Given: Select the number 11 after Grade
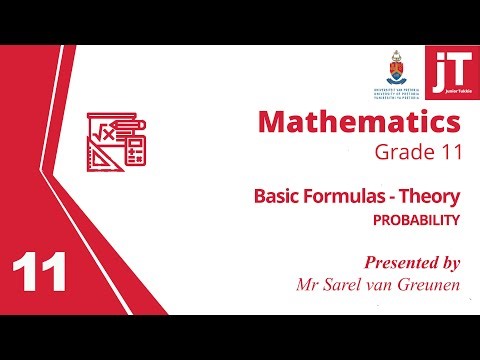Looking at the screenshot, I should point(448,154).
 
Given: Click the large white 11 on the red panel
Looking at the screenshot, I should point(40,271).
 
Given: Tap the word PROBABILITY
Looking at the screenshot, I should point(418,218).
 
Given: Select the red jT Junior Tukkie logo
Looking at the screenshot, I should point(449,71).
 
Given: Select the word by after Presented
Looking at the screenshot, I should point(448,263).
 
